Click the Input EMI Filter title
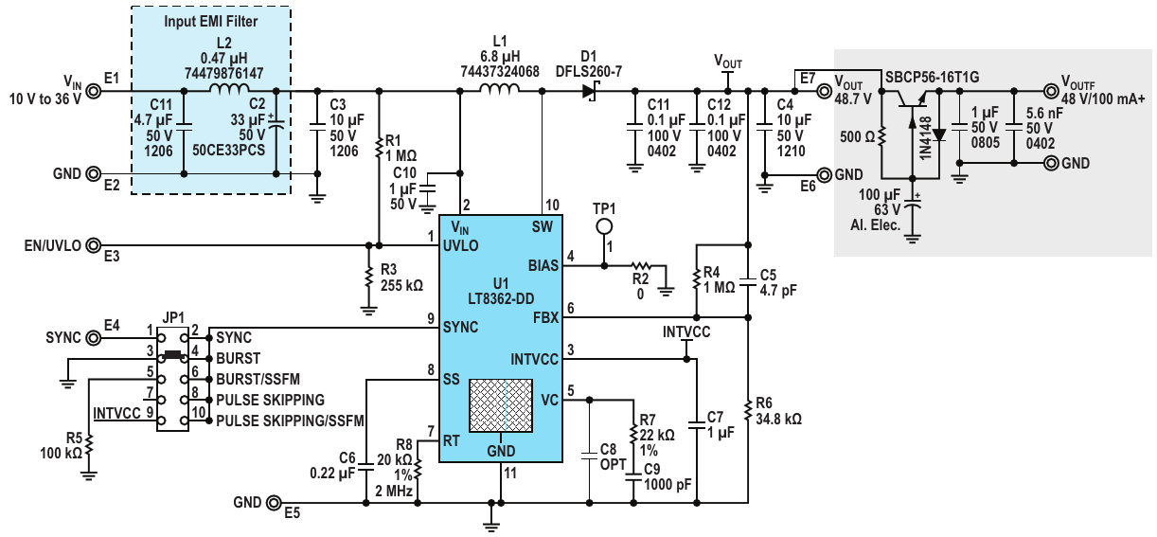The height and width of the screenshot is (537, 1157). click(211, 21)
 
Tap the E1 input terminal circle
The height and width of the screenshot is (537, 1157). click(94, 91)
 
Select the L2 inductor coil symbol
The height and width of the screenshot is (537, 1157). click(229, 89)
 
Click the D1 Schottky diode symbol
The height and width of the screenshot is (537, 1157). click(589, 91)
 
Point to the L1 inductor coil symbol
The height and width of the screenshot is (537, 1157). click(500, 89)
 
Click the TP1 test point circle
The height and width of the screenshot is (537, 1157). click(604, 226)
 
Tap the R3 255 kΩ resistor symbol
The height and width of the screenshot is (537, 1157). click(368, 277)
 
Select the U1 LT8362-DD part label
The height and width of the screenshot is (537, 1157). click(501, 291)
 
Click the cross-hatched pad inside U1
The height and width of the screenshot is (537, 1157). click(501, 405)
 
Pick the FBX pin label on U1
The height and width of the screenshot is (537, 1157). click(546, 317)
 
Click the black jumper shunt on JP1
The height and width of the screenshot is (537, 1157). click(172, 354)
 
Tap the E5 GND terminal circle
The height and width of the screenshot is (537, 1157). click(274, 502)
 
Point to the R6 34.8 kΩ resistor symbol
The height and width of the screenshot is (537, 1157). click(747, 411)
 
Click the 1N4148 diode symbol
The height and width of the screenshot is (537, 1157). click(939, 134)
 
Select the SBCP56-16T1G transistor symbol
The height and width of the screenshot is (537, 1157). click(912, 102)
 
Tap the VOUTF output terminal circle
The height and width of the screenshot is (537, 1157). click(1051, 91)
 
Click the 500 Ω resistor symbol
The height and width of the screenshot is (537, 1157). click(881, 136)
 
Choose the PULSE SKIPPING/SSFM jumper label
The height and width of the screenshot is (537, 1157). click(290, 421)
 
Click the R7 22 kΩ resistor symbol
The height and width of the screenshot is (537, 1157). click(633, 434)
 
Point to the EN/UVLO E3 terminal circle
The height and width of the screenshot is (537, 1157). click(94, 245)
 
